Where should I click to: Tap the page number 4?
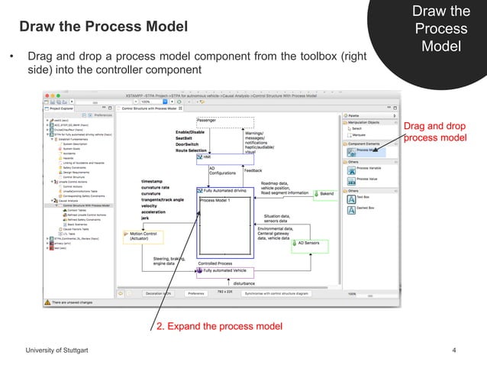(x=453, y=350)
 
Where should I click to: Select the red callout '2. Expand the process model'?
(x=219, y=327)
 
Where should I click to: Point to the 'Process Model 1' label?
(x=215, y=199)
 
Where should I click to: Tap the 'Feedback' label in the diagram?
(x=253, y=171)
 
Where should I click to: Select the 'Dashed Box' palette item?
(x=366, y=208)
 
